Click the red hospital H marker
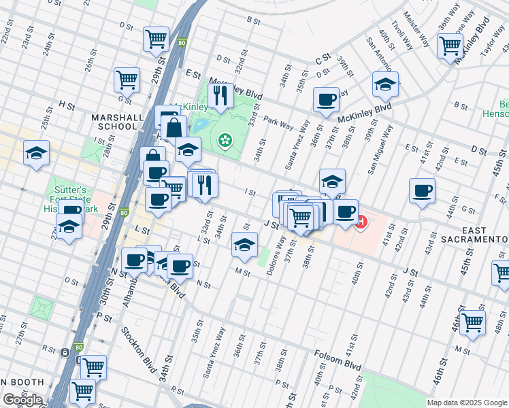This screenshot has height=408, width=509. coord(361,222)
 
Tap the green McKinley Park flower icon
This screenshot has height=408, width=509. coord(224,141)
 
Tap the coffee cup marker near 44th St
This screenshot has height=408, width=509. coord(422,190)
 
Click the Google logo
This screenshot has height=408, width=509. coord(22,399)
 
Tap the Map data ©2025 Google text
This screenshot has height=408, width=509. coord(467,403)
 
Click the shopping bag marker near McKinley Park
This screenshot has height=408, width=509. coord(174,126)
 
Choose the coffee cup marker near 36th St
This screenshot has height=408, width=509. coord(326,99)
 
